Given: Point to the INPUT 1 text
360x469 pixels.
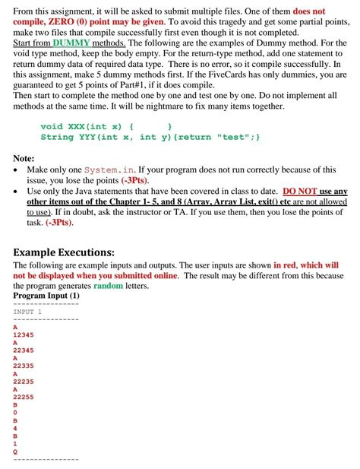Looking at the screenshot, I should (x=27, y=311).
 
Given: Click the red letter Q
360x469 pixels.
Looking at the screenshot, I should (x=16, y=452).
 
